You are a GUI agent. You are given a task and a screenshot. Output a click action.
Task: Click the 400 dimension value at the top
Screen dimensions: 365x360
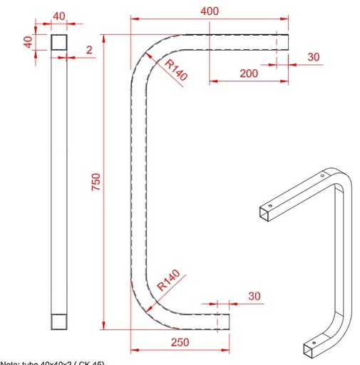(210, 11)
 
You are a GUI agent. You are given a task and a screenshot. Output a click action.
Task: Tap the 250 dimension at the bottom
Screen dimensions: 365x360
(180, 342)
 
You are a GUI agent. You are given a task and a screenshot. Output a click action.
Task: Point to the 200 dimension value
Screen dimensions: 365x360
(249, 73)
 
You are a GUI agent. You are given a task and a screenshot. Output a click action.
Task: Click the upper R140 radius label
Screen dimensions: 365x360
(175, 70)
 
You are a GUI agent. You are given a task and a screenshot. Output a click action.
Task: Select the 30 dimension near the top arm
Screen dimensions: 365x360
(314, 57)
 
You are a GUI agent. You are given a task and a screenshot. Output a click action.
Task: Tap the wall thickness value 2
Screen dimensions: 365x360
(89, 50)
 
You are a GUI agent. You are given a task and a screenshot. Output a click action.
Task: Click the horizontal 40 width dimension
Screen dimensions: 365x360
(58, 16)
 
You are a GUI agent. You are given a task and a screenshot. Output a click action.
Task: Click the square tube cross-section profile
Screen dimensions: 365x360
(58, 42)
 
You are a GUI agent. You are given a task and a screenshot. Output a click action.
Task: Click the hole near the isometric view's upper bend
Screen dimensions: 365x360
(322, 175)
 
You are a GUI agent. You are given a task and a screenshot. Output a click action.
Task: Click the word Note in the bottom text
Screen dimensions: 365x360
(9, 362)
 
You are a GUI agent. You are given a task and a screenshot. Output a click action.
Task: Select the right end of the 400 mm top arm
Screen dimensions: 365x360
(287, 41)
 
